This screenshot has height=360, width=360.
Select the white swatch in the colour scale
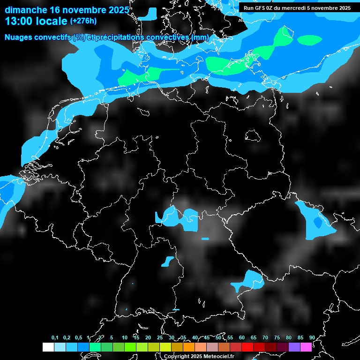coord(48,347)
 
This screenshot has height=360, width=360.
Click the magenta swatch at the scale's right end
coord(306,347)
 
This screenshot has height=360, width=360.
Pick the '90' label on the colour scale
coord(312,337)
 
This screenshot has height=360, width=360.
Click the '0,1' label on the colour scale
coord(55,337)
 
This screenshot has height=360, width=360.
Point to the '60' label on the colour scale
coord(241,337)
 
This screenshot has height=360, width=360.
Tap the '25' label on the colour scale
coord(159,337)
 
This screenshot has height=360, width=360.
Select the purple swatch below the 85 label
coord(294,347)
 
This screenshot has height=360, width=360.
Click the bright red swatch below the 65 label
coord(247,347)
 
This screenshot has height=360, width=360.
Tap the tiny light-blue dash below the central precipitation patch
coord(205,239)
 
